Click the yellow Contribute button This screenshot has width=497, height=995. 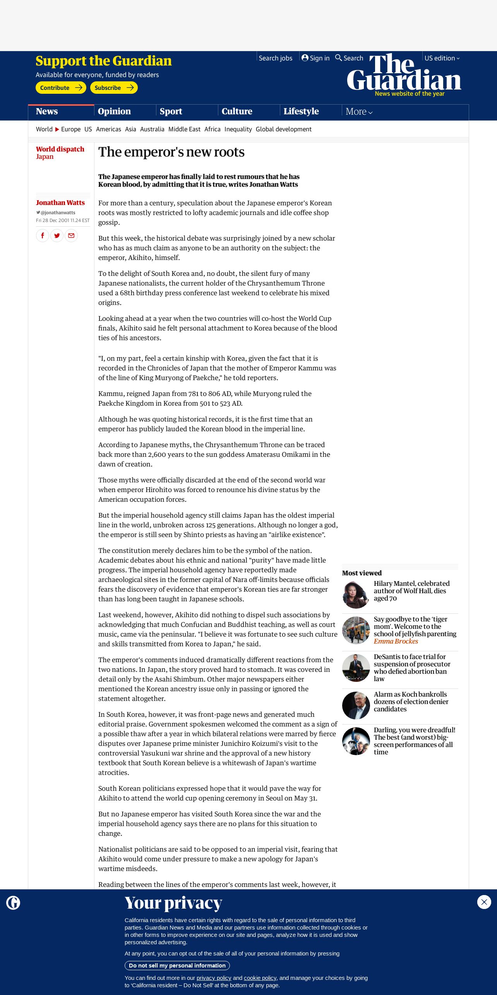tap(61, 88)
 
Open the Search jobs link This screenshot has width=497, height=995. tap(275, 58)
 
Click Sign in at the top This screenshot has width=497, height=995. tap(315, 58)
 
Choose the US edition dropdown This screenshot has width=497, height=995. tap(442, 58)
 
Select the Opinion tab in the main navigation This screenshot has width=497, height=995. tap(114, 112)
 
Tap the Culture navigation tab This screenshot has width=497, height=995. tap(237, 112)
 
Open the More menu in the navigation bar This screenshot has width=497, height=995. tap(359, 112)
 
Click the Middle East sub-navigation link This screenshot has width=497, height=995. tap(184, 129)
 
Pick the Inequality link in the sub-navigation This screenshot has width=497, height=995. tap(238, 129)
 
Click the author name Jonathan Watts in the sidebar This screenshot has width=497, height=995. tap(60, 203)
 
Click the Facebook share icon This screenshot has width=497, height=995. tap(43, 236)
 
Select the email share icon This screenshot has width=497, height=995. tap(71, 236)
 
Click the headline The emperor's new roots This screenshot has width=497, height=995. tap(171, 152)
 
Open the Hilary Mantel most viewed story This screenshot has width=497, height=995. tap(411, 591)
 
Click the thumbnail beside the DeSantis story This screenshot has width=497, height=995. tap(356, 668)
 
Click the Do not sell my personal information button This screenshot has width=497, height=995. tap(177, 966)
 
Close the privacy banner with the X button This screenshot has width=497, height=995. tap(484, 902)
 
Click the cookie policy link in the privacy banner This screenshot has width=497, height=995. tap(260, 978)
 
